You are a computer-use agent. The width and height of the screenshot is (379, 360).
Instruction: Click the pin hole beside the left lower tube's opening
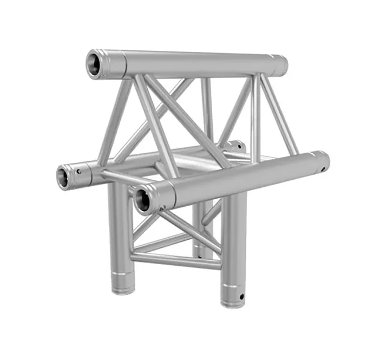click(80, 172)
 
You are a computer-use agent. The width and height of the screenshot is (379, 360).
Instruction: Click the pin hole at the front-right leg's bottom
click(242, 296)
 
